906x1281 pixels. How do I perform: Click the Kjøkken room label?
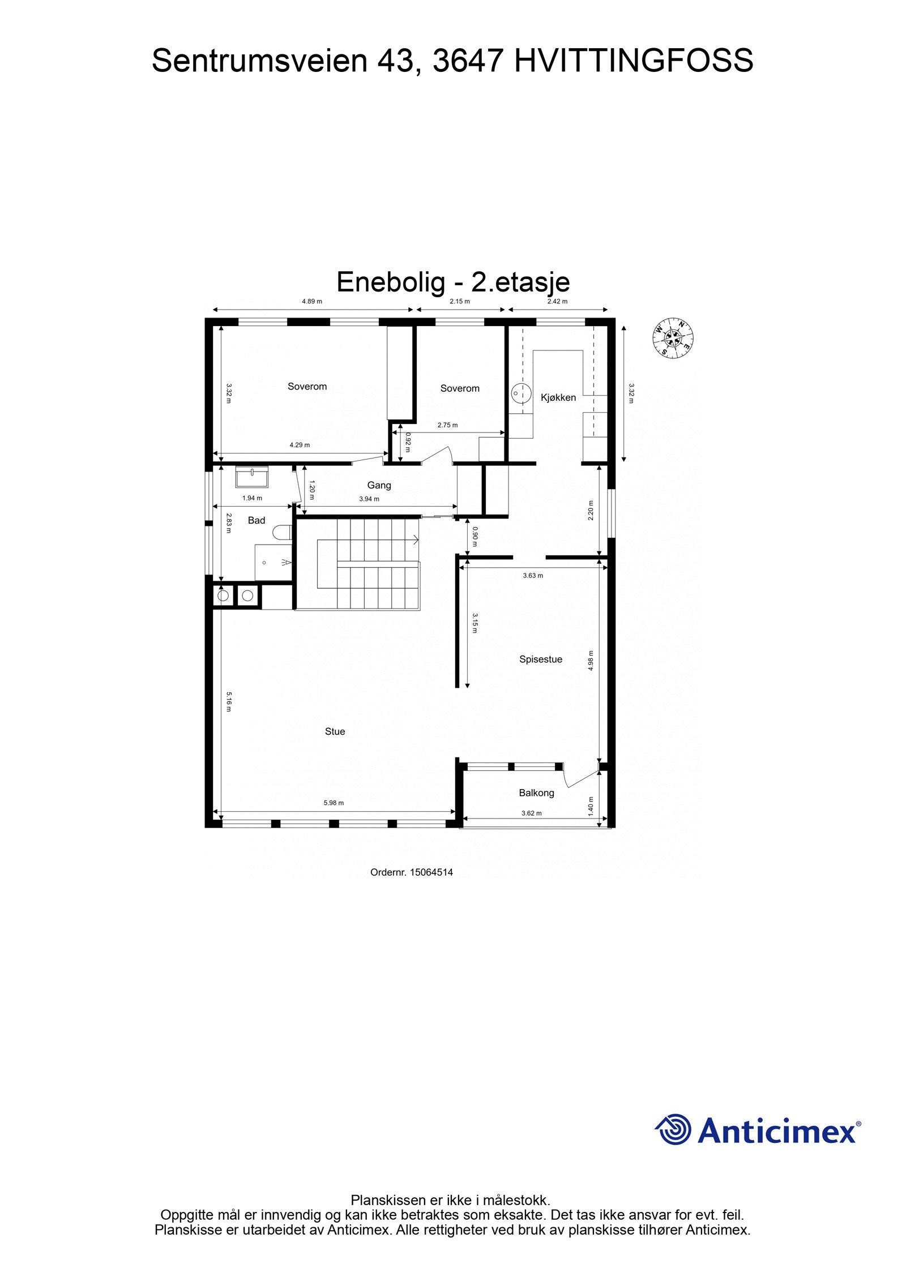tap(558, 397)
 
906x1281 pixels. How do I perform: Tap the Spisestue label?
tap(540, 659)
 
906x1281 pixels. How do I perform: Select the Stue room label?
tap(335, 731)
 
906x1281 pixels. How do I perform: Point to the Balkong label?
tap(536, 793)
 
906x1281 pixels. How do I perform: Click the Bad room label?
tap(257, 520)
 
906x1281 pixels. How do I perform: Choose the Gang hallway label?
tap(379, 485)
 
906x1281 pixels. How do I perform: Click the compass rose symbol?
tap(673, 337)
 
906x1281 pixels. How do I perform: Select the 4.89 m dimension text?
tap(312, 302)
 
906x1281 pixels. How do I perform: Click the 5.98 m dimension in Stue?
tap(334, 803)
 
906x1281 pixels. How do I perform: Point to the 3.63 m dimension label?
tap(532, 576)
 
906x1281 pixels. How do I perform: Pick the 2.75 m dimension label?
tap(447, 425)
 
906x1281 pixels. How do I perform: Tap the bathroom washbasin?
tap(252, 477)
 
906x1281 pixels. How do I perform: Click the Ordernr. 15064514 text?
tap(411, 872)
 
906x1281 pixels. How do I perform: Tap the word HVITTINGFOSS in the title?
tap(633, 61)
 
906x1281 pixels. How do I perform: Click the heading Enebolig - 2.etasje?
tap(453, 282)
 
